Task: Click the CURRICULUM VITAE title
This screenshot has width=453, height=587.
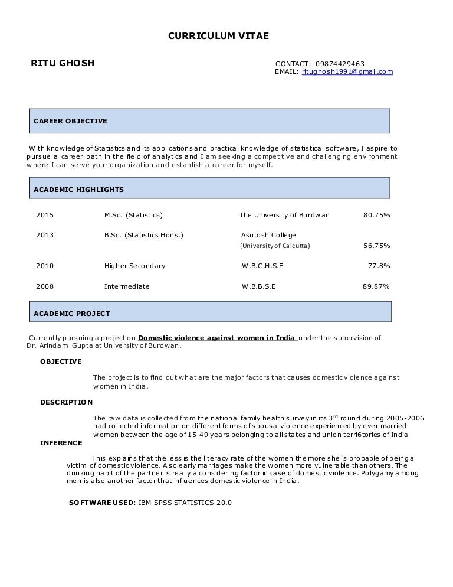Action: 218,36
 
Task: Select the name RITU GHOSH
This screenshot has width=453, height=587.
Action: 63,63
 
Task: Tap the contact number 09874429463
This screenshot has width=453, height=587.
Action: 340,64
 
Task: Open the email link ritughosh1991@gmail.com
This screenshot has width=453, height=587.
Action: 347,72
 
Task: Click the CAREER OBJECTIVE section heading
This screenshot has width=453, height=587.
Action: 70,121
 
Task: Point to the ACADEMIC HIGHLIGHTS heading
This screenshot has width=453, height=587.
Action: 78,190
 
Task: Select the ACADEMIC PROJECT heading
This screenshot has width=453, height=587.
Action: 71,314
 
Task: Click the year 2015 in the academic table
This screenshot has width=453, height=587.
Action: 45,215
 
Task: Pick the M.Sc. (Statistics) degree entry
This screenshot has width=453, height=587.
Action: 133,215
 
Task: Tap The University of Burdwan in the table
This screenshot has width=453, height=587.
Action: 284,215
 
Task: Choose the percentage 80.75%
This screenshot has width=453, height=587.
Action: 376,215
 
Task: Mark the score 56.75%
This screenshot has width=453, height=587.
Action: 376,246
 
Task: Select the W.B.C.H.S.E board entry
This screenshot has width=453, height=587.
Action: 262,266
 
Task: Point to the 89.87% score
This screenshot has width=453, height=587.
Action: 376,286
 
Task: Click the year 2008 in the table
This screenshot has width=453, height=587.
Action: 45,286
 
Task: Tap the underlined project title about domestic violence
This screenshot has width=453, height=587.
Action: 217,338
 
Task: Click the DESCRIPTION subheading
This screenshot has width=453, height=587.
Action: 66,402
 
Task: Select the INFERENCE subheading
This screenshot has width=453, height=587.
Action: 61,443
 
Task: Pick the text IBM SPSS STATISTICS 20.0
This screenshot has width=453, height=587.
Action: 185,503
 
